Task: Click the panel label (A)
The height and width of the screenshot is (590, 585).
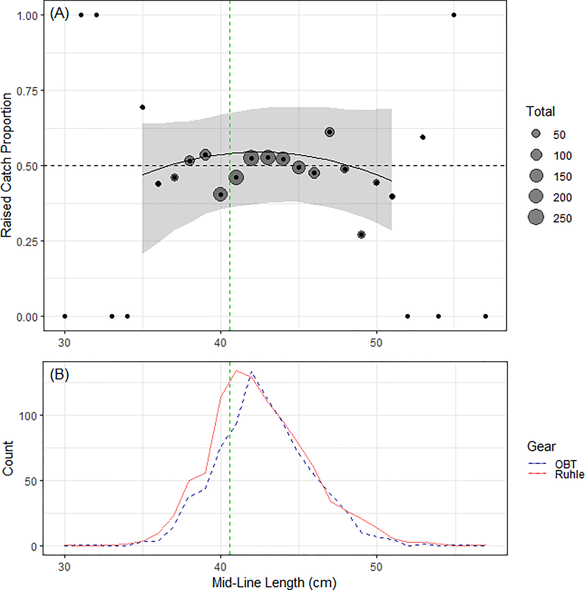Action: pyautogui.click(x=59, y=14)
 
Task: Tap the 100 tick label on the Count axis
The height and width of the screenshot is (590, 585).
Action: pyautogui.click(x=28, y=416)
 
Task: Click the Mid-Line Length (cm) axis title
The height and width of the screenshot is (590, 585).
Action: pyautogui.click(x=274, y=582)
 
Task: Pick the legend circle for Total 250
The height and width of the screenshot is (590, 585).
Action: pyautogui.click(x=536, y=217)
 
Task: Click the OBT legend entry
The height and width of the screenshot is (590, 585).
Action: pyautogui.click(x=565, y=464)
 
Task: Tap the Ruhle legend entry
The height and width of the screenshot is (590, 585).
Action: pyautogui.click(x=569, y=474)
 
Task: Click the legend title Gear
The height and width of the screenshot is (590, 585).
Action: pyautogui.click(x=541, y=447)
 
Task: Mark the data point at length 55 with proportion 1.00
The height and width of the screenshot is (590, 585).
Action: pyautogui.click(x=454, y=15)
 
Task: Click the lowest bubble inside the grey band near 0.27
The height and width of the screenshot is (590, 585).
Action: pyautogui.click(x=361, y=235)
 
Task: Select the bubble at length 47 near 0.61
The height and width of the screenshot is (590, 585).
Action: pyautogui.click(x=329, y=132)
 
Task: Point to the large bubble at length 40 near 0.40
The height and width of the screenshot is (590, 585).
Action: pyautogui.click(x=221, y=194)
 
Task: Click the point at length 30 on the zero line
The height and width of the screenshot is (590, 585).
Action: pyautogui.click(x=65, y=316)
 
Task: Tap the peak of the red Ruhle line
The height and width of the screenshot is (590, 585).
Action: pyautogui.click(x=236, y=371)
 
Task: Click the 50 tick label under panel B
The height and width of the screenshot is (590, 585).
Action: pyautogui.click(x=376, y=567)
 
